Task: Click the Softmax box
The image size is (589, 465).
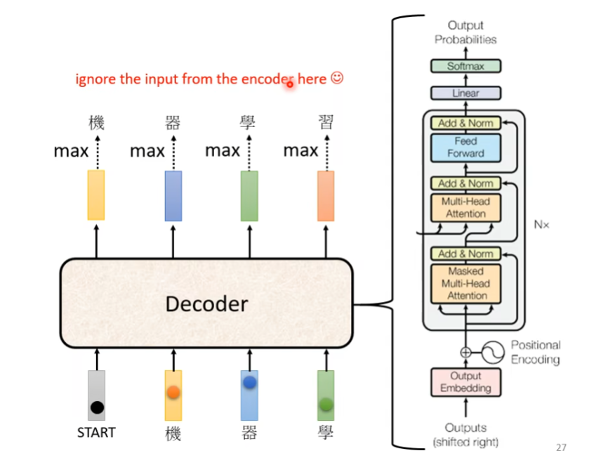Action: pos(466,67)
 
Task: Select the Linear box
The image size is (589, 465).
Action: pos(466,93)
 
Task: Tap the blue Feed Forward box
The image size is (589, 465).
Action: pos(465,148)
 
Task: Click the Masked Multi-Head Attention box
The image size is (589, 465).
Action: pos(466,283)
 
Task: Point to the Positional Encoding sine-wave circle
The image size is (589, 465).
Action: pos(491,351)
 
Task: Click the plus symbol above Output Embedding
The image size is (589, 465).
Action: pos(465,352)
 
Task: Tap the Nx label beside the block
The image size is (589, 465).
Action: pos(541,225)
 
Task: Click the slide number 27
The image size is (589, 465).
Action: pos(560,447)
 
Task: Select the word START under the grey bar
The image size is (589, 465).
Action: pos(96,433)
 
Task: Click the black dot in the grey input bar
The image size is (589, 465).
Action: pos(97,407)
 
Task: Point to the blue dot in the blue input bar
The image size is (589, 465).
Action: pos(249,383)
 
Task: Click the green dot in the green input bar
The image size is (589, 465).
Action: pos(326,404)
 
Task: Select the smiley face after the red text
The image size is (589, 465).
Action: pos(336,79)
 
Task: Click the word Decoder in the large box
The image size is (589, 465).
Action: pos(206,303)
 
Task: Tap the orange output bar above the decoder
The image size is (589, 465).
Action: pos(326,195)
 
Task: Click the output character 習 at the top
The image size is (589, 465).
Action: pos(326,124)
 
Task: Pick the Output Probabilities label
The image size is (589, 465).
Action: pos(465,32)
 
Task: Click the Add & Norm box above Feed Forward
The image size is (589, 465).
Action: pos(465,123)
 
